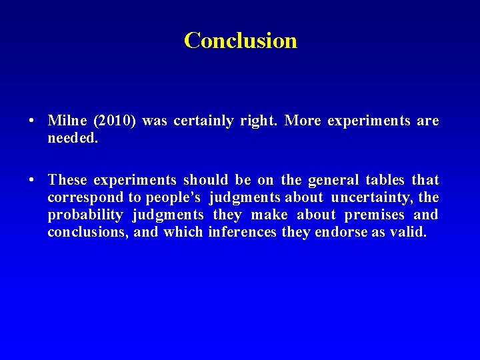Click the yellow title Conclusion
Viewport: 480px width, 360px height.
coord(241,41)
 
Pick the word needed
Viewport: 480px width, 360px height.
coord(73,139)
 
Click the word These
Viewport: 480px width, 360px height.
coord(67,180)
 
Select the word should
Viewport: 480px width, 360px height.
coord(205,180)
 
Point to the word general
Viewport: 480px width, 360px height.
coord(331,180)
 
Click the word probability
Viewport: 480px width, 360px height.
coord(85,215)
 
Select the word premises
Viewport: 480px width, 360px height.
coord(375,215)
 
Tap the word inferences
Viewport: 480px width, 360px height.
coord(242,232)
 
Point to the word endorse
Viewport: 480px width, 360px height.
coord(338,232)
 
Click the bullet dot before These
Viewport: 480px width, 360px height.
coord(32,181)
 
